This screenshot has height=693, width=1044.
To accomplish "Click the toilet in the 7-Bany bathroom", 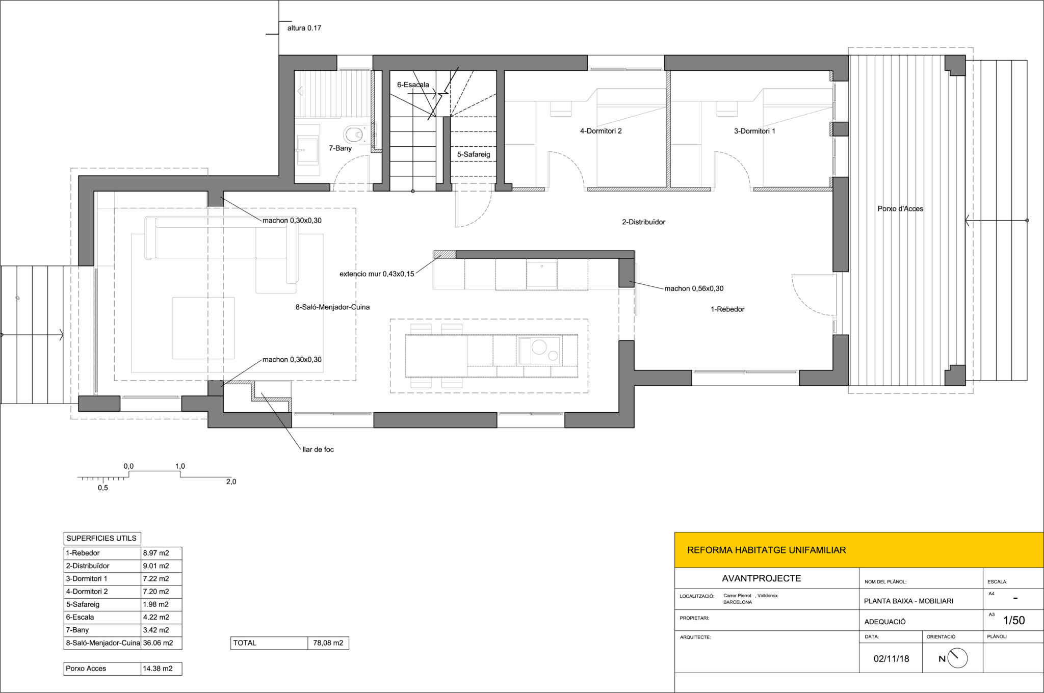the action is tap(354, 135).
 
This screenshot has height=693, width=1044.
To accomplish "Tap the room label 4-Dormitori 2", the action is tap(601, 131).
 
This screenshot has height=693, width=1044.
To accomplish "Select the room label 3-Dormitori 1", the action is tap(754, 131).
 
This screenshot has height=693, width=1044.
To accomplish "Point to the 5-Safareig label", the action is tap(474, 154).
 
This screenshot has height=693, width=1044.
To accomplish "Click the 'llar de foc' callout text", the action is tap(318, 449).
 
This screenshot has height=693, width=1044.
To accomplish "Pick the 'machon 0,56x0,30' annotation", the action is tap(694, 288).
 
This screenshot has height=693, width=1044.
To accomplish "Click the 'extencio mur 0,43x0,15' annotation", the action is tap(377, 274).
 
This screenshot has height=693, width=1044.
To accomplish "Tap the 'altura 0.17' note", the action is tap(304, 28).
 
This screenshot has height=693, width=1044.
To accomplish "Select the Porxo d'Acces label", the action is tap(900, 208).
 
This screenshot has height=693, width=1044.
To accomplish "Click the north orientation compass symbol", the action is tap(957, 658).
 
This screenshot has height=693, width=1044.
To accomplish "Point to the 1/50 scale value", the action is tap(1014, 620).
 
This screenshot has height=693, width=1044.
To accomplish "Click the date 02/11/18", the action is tap(892, 658).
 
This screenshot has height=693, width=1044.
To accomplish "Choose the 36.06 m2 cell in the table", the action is tap(158, 643).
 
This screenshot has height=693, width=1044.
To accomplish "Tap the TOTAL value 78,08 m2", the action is tap(328, 643).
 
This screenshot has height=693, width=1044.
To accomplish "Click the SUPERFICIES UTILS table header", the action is tap(101, 538).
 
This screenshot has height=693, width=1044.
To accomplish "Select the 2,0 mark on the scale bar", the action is tap(231, 482).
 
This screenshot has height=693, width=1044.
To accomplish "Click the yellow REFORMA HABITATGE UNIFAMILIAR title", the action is tap(766, 550).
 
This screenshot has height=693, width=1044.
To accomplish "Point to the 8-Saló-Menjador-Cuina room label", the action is tap(332, 307).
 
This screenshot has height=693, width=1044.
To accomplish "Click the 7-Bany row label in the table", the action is tap(77, 630).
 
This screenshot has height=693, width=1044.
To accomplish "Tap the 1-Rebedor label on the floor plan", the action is tap(727, 309).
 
